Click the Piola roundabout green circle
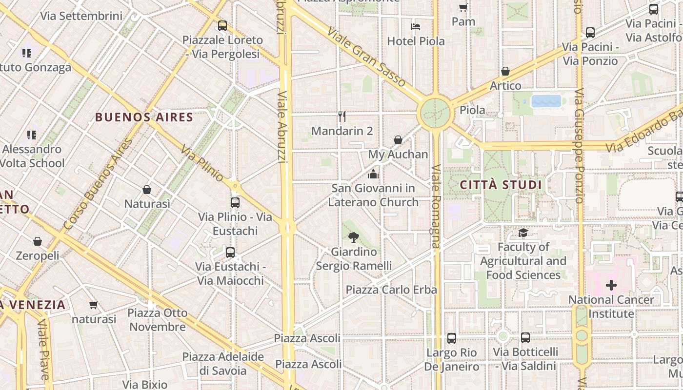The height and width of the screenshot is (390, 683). (x=435, y=113)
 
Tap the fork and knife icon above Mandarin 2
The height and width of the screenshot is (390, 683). (x=342, y=117)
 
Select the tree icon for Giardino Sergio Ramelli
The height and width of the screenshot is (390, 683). (x=354, y=237)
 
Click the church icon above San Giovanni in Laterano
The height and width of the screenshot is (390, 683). (x=373, y=174)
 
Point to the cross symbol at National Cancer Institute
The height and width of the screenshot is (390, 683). (x=611, y=285)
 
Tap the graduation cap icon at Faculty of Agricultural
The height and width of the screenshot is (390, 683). (x=523, y=233)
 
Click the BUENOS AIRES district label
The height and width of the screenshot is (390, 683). (x=144, y=117)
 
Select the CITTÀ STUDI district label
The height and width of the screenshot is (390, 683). (x=501, y=185)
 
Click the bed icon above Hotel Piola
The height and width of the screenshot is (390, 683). (x=416, y=26)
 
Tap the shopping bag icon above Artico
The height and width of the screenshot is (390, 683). (x=505, y=71)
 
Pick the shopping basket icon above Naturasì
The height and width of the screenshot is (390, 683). (x=147, y=190)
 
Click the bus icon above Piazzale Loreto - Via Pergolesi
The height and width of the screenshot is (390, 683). (x=222, y=25)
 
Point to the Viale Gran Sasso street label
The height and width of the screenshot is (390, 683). (x=366, y=57)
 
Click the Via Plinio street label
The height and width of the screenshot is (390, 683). (x=202, y=163)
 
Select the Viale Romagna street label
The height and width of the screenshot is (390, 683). (x=436, y=206)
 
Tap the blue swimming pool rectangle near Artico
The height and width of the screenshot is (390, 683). (x=546, y=101)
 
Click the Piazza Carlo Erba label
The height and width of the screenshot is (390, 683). (x=391, y=290)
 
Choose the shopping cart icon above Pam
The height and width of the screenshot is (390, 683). (x=463, y=7)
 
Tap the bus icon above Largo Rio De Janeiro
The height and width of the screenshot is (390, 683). (x=452, y=338)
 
